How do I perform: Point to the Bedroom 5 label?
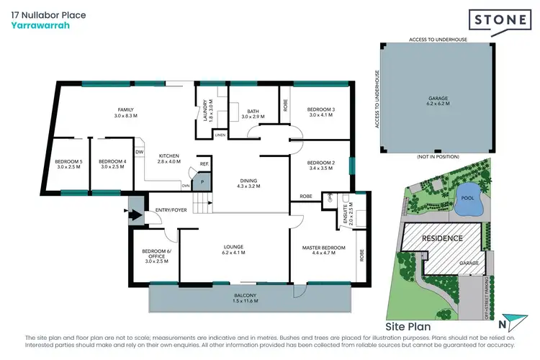coord(69,163)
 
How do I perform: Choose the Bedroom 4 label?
coord(112,163)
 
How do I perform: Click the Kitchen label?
coord(168,158)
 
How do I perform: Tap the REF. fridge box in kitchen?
coord(204,164)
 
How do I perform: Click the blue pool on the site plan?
coord(467,206)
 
